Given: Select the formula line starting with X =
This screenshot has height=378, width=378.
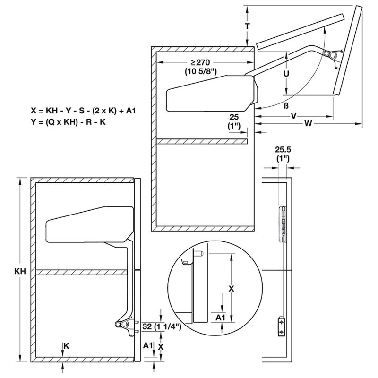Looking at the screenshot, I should (84, 110).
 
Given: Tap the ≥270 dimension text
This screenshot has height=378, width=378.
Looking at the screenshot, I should (200, 62).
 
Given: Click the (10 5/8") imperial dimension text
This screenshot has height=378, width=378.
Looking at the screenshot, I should (200, 72).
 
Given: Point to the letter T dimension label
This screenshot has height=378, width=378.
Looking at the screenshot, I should (248, 26).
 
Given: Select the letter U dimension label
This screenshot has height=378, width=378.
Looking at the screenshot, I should (286, 74).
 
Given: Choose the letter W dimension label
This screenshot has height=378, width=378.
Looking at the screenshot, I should (308, 124).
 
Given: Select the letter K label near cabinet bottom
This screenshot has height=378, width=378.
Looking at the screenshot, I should (67, 346).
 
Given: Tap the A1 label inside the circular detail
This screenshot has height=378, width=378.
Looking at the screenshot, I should (220, 317).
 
